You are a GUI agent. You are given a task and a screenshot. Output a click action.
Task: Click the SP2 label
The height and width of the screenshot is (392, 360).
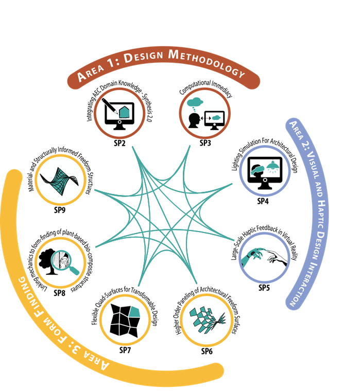(x=119, y=143)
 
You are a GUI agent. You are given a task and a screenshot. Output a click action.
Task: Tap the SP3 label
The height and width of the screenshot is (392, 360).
(x=205, y=143)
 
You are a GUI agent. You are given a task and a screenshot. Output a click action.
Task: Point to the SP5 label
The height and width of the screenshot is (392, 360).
(x=264, y=288)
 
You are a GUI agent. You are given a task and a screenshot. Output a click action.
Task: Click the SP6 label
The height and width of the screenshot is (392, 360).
(x=207, y=351)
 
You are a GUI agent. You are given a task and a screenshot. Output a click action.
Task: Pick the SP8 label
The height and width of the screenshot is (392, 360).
(x=60, y=293)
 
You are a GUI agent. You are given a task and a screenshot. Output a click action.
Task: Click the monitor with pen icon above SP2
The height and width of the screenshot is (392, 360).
(x=119, y=113)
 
